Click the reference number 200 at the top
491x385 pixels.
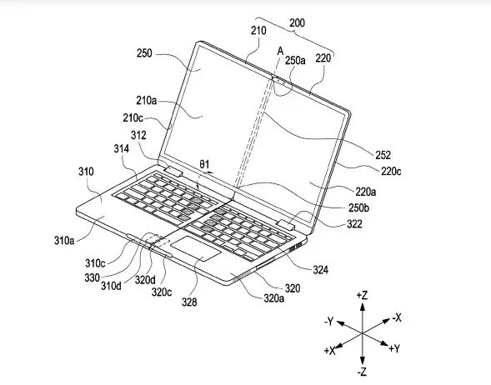coord(297,22)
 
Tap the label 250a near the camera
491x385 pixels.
coord(295,60)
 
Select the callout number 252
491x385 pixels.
coord(383,155)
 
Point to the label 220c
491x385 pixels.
coord(391,171)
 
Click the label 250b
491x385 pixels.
coord(358,207)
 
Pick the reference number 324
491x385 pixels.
coord(321,269)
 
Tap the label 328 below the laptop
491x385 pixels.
coord(189,302)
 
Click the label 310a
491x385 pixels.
coord(64,240)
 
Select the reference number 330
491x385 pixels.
coord(92,277)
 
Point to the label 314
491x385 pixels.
coord(121,148)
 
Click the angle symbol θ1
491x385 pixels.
coord(204,164)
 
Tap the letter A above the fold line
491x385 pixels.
coord(280,51)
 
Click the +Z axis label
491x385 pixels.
coord(362,295)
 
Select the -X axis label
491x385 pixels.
coord(397,317)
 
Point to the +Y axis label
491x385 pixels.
coord(394,348)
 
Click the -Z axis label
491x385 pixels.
coord(362,372)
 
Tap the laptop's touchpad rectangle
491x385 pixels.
coord(196,248)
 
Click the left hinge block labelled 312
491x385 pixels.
coord(173,171)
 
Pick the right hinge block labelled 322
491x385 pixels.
coord(286,225)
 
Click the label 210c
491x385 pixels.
coord(133,118)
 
